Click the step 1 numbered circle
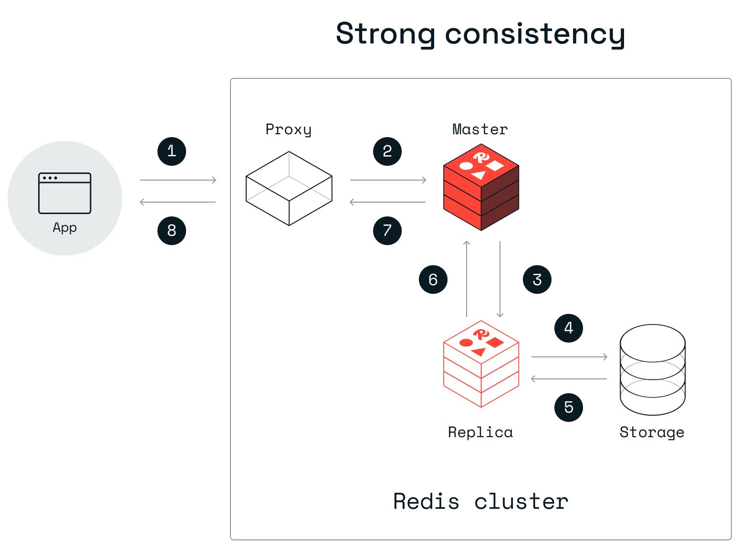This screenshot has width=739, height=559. tap(172, 151)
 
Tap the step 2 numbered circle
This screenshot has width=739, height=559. tap(387, 151)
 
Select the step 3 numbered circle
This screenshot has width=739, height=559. tap(537, 279)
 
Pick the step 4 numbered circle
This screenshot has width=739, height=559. tap(569, 328)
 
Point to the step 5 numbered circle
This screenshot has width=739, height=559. tap(569, 408)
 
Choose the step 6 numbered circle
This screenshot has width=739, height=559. tap(433, 279)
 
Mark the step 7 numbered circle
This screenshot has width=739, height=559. tap(387, 231)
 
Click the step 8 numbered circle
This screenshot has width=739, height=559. tap(172, 231)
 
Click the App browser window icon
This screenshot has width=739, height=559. tap(65, 193)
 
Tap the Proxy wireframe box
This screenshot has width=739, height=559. tap(289, 189)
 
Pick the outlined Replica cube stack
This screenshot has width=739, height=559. tap(481, 364)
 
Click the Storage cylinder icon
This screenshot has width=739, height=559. tap(653, 369)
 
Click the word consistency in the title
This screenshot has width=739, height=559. tap(535, 34)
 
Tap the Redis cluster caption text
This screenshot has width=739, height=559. tap(481, 502)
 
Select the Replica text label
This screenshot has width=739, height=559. tap(480, 432)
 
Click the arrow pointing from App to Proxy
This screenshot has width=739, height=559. tap(178, 180)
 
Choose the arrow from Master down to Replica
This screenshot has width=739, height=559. tap(500, 279)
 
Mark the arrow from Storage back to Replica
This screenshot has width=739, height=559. tap(569, 379)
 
